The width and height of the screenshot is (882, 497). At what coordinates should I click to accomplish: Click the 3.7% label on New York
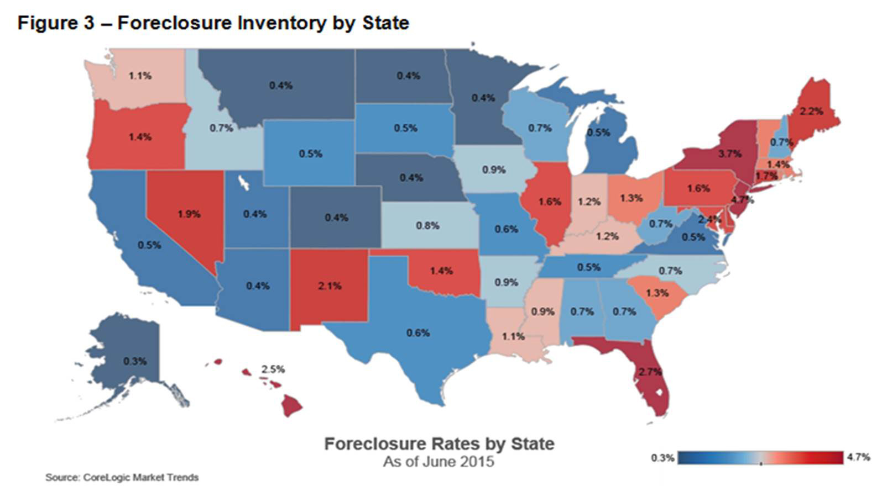click(729, 154)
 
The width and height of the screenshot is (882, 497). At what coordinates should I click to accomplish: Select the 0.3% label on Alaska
click(135, 361)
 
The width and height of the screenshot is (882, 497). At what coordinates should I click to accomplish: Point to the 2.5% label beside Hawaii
click(273, 369)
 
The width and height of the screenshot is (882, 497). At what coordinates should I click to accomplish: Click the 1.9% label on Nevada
click(189, 214)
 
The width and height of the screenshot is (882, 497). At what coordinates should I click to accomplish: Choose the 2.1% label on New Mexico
click(330, 285)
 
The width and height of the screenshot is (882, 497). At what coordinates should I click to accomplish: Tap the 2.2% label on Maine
click(811, 111)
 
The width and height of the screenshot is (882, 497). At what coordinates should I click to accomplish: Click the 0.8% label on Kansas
click(427, 225)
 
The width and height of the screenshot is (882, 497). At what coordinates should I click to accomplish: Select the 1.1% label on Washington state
click(140, 76)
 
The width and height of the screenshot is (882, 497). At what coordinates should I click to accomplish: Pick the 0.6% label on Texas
click(418, 332)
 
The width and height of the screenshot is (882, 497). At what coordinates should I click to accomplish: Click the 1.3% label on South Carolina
click(657, 293)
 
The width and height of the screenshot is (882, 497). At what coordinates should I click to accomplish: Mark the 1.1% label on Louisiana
click(513, 336)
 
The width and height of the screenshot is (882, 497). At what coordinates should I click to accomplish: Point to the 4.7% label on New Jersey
click(742, 199)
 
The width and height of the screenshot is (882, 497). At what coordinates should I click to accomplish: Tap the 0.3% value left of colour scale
click(662, 458)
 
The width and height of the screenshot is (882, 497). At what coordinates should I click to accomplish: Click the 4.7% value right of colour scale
click(858, 457)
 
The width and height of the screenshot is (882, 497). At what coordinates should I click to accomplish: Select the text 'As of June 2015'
click(439, 461)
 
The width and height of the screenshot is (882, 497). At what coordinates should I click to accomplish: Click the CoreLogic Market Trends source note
click(122, 477)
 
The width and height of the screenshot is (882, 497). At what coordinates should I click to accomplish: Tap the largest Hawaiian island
click(291, 406)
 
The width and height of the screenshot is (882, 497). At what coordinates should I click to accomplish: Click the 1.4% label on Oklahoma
click(441, 271)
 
